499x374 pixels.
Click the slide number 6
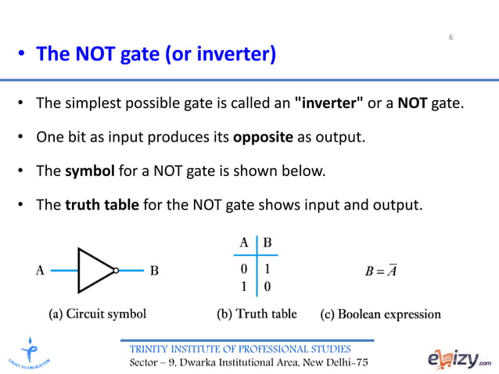click(451, 38)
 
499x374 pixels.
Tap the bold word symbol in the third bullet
click(89, 171)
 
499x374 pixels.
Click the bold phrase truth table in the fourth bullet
click(102, 205)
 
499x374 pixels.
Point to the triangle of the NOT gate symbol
click(95, 270)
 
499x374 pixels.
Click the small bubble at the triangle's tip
click(115, 271)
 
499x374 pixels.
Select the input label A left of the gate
click(40, 271)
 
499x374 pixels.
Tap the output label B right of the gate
click(154, 271)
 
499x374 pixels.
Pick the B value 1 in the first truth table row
click(267, 270)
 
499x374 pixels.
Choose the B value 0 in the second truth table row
click(267, 287)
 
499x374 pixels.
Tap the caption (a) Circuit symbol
click(97, 315)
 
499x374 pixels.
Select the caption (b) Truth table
click(257, 315)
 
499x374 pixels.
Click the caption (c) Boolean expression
click(381, 315)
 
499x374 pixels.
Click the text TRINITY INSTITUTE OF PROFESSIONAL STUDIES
click(240, 348)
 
